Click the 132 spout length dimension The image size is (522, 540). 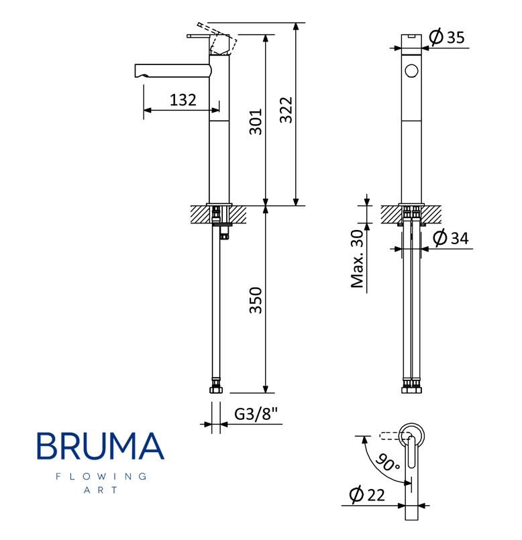(x=182, y=101)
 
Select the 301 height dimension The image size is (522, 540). (x=256, y=121)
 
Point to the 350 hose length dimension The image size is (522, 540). (x=256, y=301)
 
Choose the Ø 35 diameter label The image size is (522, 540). (x=447, y=38)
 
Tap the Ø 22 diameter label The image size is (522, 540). (x=368, y=495)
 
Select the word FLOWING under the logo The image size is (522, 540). (x=101, y=476)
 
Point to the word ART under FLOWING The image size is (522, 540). (x=101, y=490)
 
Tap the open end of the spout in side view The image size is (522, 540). (x=138, y=70)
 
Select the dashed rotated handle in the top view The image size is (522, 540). (x=390, y=436)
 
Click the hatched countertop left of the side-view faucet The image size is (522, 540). (x=199, y=215)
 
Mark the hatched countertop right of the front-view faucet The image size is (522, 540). (x=434, y=215)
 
